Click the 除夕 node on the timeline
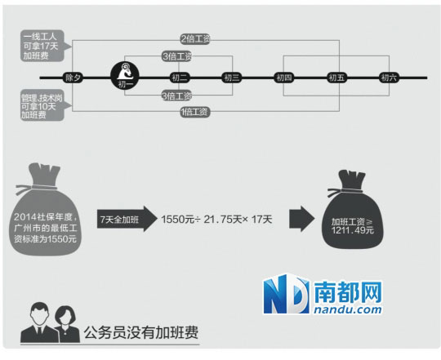click(x=73, y=78)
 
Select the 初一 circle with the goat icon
click(x=125, y=76)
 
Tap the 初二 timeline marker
click(x=180, y=78)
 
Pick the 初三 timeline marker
click(x=231, y=78)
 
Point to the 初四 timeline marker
click(x=283, y=78)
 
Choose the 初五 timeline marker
click(x=336, y=78)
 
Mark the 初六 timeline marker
click(x=389, y=78)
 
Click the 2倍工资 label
click(x=195, y=39)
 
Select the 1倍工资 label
click(x=195, y=113)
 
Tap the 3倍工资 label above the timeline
click(x=177, y=56)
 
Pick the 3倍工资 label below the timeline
click(x=177, y=96)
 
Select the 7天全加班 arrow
click(x=127, y=219)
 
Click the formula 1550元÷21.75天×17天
click(x=216, y=220)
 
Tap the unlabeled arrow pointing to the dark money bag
click(x=302, y=219)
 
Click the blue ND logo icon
click(x=287, y=294)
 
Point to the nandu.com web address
click(x=348, y=309)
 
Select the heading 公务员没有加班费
click(x=141, y=332)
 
